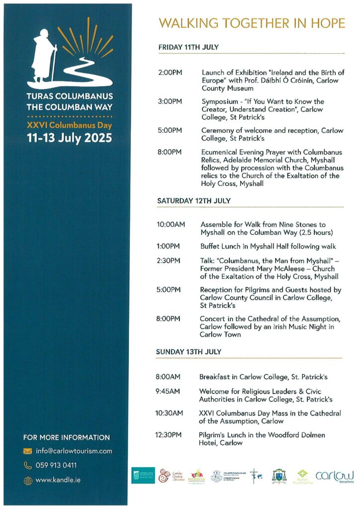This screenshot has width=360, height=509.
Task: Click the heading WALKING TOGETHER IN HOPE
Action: (251, 23)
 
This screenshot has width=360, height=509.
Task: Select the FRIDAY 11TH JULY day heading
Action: (188, 47)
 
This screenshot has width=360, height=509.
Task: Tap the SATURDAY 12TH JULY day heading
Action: (194, 201)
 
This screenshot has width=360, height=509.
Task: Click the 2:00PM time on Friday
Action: (170, 73)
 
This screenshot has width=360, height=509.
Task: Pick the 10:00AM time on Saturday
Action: (171, 225)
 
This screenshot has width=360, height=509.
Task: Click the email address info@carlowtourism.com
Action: (74, 451)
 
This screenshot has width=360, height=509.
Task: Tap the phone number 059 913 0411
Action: (56, 466)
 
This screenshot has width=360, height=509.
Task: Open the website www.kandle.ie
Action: (58, 480)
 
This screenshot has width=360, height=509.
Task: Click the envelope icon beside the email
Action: (28, 452)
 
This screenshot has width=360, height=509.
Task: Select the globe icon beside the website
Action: (28, 481)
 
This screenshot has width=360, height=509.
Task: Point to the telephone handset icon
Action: (28, 466)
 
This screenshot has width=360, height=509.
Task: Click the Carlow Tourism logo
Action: (334, 476)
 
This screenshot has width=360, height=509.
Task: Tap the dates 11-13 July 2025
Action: (70, 138)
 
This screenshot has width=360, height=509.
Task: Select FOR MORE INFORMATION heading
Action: (67, 437)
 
